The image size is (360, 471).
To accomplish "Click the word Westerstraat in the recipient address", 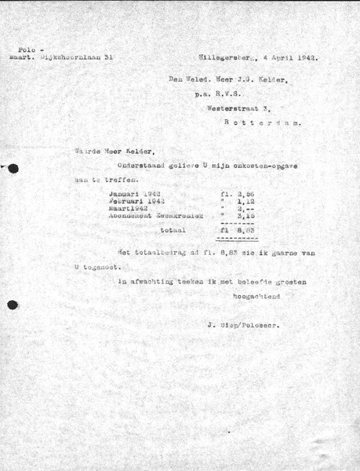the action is pyautogui.click(x=238, y=110).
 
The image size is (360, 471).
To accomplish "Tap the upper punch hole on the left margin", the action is pyautogui.click(x=12, y=167).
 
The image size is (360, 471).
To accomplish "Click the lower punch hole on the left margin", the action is pyautogui.click(x=11, y=305).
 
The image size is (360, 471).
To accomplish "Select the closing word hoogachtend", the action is pyautogui.click(x=254, y=298).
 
